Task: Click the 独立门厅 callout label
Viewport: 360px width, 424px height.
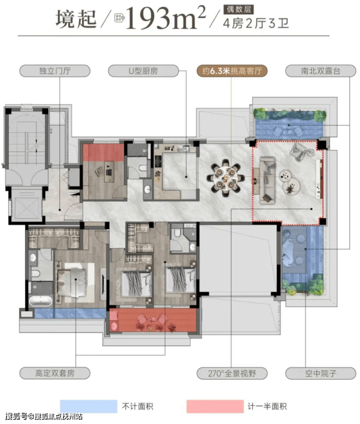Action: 54,71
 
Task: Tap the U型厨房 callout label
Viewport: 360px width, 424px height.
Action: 143,71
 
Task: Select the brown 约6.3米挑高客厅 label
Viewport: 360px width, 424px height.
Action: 232,71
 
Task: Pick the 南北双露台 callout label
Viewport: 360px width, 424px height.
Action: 321,71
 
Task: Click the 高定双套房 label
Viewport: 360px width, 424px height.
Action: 54,373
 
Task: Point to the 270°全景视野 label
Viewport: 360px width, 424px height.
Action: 232,373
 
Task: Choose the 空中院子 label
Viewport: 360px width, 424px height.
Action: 321,373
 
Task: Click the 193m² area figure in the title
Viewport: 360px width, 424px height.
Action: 166,18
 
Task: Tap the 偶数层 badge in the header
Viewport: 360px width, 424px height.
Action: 239,9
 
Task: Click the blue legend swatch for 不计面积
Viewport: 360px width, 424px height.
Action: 89,406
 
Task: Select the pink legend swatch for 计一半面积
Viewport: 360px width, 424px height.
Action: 215,406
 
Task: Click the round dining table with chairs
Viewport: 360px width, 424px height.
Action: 225,178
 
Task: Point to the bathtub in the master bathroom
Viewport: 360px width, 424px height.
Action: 40,301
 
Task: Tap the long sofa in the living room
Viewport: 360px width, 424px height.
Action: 267,180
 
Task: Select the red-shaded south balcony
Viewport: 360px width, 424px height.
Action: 152,320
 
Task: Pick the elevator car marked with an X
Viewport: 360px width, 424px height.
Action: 26,208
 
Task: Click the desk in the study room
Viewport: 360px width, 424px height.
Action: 109,172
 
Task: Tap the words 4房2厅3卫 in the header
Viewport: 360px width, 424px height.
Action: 256,23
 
